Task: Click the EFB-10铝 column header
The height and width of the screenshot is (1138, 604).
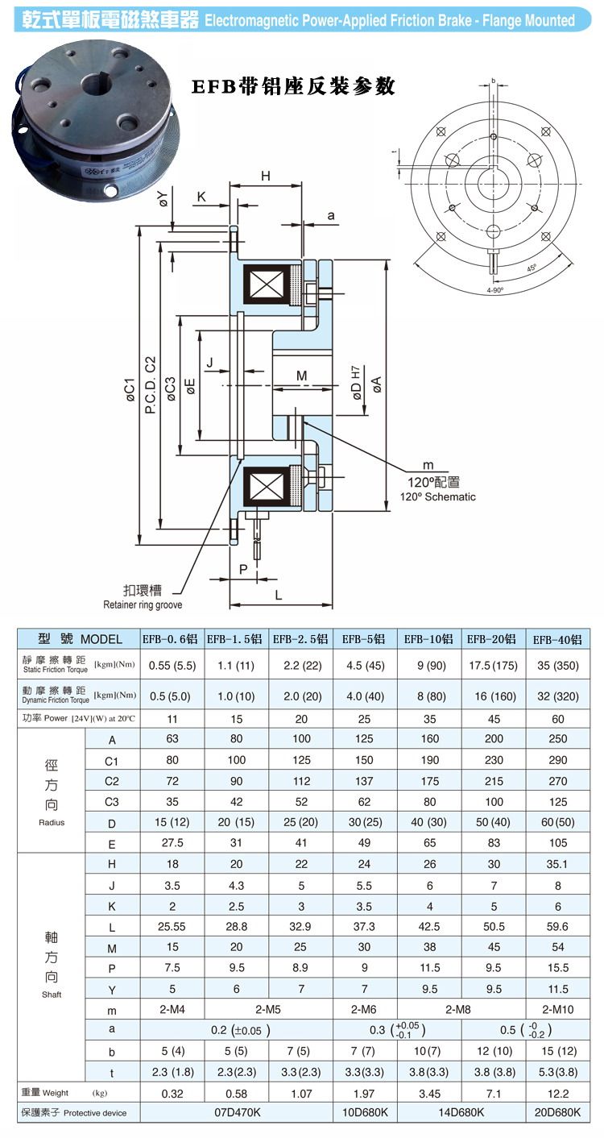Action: [x=429, y=639]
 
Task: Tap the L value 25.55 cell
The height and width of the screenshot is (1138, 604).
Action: [x=172, y=926]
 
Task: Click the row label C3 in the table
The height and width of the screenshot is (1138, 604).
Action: [x=112, y=801]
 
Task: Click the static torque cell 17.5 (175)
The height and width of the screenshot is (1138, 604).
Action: [x=493, y=666]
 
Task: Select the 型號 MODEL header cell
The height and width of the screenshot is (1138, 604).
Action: [x=80, y=639]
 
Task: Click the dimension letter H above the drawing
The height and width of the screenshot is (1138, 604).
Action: [x=265, y=177]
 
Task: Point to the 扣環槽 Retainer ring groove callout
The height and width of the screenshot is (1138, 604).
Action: [x=143, y=597]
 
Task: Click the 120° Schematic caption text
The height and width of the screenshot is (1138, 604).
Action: [x=438, y=496]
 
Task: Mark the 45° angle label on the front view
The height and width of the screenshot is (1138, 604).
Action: [x=532, y=268]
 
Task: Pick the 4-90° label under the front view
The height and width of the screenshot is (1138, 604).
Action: [x=494, y=289]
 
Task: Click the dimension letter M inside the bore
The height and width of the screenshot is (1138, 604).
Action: [x=301, y=376]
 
